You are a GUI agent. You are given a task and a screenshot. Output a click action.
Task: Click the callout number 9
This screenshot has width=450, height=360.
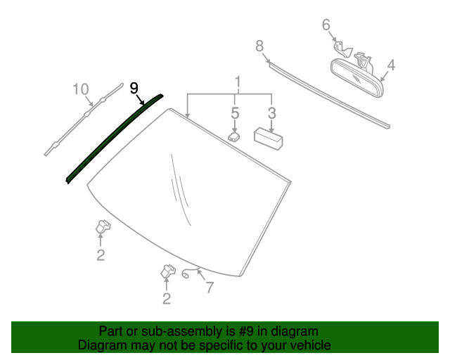pyautogui.click(x=134, y=88)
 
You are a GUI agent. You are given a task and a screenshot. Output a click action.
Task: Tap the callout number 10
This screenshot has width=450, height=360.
pyautogui.click(x=81, y=89)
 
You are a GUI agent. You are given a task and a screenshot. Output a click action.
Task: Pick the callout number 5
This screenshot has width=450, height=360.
pyautogui.click(x=236, y=113)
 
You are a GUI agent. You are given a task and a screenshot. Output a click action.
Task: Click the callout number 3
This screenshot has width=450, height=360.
pyautogui.click(x=272, y=113)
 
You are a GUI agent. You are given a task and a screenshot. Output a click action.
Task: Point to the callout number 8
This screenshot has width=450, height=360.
pyautogui.click(x=259, y=46)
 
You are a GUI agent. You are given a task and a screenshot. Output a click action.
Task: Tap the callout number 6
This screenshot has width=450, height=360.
pyautogui.click(x=326, y=25)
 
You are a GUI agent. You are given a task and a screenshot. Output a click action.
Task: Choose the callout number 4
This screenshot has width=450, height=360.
pyautogui.click(x=390, y=65)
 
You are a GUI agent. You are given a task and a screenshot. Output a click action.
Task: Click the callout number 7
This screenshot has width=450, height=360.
pyautogui.click(x=209, y=288)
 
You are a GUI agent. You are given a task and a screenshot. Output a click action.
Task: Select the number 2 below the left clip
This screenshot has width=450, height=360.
pyautogui.click(x=101, y=255)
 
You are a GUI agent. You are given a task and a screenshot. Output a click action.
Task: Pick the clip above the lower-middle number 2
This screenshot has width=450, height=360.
pyautogui.click(x=169, y=271)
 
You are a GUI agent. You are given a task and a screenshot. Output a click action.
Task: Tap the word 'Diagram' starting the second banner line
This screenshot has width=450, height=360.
pyautogui.click(x=102, y=345)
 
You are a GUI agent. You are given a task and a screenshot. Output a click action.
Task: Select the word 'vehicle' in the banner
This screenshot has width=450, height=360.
pyautogui.click(x=308, y=345)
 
